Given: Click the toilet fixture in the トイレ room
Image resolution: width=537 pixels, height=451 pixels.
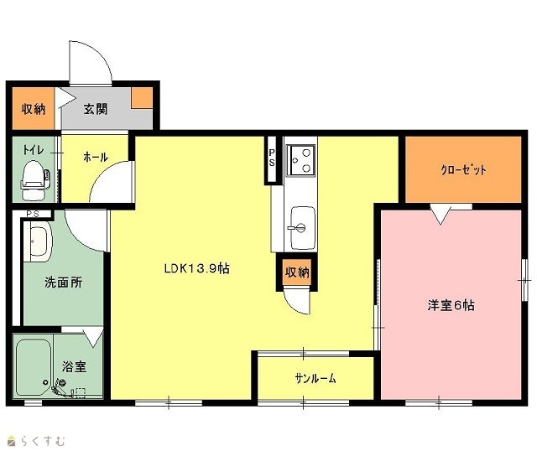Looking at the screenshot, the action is (x=34, y=180).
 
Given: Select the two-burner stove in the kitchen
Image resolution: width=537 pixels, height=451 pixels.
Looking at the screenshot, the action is (x=300, y=160).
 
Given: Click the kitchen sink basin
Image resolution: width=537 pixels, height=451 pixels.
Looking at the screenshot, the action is (x=302, y=227).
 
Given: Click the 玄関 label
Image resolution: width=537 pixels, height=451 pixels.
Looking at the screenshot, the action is (x=95, y=109).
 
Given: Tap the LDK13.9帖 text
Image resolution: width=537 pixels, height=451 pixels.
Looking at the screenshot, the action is (x=197, y=268).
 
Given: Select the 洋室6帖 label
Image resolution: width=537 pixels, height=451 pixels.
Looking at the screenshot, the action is (x=451, y=305).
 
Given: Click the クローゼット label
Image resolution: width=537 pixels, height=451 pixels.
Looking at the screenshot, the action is (x=463, y=169).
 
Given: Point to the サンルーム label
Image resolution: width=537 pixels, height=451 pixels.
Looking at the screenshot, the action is (x=315, y=378).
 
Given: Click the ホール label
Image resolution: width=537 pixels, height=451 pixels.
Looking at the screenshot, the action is (x=96, y=157).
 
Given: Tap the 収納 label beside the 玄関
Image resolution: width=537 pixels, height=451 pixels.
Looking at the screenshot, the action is (x=34, y=109).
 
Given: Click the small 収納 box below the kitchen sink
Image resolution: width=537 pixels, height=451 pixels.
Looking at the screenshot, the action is (x=297, y=272).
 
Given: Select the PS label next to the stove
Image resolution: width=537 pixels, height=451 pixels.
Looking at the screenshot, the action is (x=272, y=158).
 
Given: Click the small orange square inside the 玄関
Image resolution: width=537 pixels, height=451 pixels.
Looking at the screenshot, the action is (x=142, y=98).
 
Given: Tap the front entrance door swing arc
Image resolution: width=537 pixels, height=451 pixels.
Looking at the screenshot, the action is (x=100, y=54).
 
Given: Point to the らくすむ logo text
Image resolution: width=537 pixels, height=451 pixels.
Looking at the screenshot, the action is (x=43, y=441).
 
